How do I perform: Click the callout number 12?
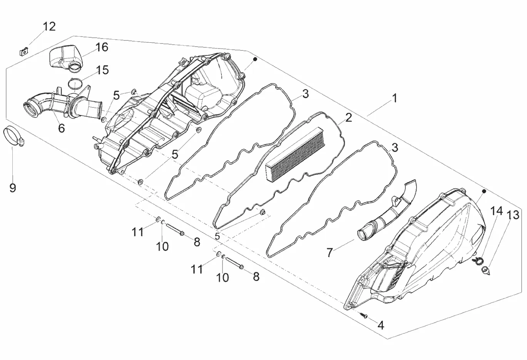coord(49,27)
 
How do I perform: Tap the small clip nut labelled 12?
coord(24,50)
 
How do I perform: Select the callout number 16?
coord(102,47)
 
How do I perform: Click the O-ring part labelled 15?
coord(76,83)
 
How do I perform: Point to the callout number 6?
coord(62,128)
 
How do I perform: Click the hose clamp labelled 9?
coord(13,137)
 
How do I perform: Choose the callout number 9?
coord(13,188)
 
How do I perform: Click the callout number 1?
coord(394,98)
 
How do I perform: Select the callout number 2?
coord(348,118)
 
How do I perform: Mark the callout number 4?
coord(381,325)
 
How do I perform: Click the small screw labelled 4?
coord(364,315)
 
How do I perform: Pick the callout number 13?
coord(513,215)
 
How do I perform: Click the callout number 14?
coord(497,211)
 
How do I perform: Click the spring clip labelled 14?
coord(478,261)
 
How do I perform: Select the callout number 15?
coord(102,70)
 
